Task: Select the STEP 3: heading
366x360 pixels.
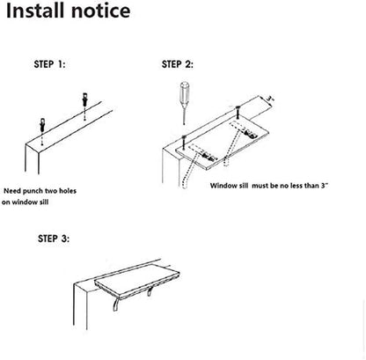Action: pos(55,239)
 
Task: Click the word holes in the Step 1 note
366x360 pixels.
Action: pos(86,189)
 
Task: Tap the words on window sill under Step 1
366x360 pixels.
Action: pos(35,202)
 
